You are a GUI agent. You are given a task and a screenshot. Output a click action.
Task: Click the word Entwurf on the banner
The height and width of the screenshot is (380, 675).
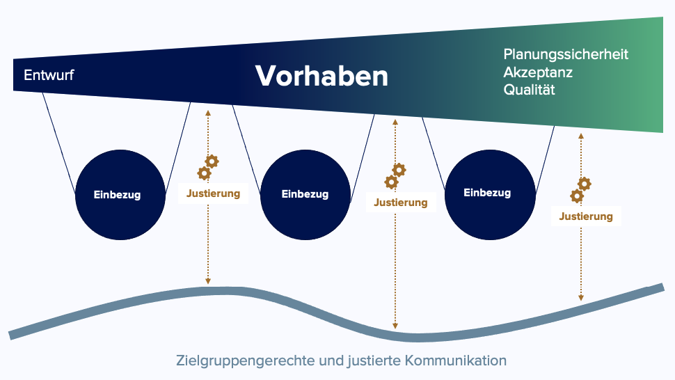(49, 75)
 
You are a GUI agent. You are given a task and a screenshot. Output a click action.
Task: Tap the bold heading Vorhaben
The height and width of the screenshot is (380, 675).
(321, 76)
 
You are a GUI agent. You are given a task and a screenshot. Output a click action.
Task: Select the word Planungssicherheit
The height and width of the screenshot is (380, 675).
(566, 54)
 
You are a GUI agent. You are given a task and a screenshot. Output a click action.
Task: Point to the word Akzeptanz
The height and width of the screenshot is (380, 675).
(538, 72)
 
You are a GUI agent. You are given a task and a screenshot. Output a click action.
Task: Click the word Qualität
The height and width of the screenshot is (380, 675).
(529, 90)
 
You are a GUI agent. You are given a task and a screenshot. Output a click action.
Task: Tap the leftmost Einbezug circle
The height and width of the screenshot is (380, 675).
(120, 194)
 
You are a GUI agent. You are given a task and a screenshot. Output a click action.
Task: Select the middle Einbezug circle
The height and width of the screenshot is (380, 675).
(305, 194)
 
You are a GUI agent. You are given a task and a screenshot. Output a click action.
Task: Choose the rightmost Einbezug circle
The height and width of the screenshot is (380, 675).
(490, 194)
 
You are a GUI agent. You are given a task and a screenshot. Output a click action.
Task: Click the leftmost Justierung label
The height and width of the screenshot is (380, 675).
(213, 193)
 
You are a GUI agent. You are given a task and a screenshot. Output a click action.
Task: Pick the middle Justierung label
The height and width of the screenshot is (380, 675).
(401, 203)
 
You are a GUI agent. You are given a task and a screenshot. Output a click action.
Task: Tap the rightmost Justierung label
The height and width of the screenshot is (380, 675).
(586, 216)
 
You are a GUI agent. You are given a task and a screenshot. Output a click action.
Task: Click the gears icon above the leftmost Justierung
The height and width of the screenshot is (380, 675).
(208, 168)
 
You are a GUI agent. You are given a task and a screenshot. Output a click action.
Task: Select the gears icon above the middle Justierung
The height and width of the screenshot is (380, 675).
(395, 176)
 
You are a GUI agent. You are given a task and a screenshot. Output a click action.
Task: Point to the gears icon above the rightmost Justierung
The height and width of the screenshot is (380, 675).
(581, 190)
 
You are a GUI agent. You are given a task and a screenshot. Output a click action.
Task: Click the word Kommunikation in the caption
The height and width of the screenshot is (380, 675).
(456, 361)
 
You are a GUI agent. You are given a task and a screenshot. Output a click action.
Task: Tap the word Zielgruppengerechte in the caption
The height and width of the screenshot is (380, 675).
(246, 361)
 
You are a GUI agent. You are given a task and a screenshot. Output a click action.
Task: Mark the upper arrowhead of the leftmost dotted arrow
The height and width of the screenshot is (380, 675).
(208, 113)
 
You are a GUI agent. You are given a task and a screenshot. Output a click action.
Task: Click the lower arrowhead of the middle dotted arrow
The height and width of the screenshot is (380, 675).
(395, 326)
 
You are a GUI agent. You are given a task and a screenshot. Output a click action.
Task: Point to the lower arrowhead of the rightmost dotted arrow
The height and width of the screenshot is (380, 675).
(581, 298)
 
